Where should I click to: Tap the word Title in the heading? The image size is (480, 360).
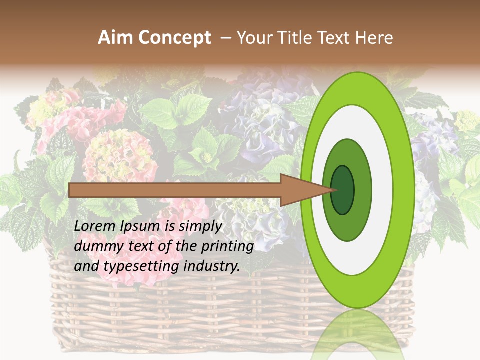[x=296, y=38]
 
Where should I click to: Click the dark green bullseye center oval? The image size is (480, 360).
[x=343, y=190]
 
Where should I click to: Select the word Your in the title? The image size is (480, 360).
[x=253, y=38]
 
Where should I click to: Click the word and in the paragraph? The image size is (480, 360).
[x=86, y=266]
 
